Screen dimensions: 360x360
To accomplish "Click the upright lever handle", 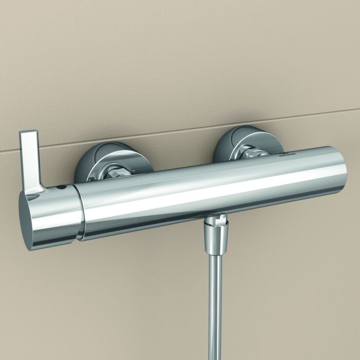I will [x=29, y=159].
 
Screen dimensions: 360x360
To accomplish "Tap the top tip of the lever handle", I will [x=28, y=133].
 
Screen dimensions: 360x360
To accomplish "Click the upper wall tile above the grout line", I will [x=180, y=62].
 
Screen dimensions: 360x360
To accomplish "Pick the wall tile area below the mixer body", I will [x=129, y=298].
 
